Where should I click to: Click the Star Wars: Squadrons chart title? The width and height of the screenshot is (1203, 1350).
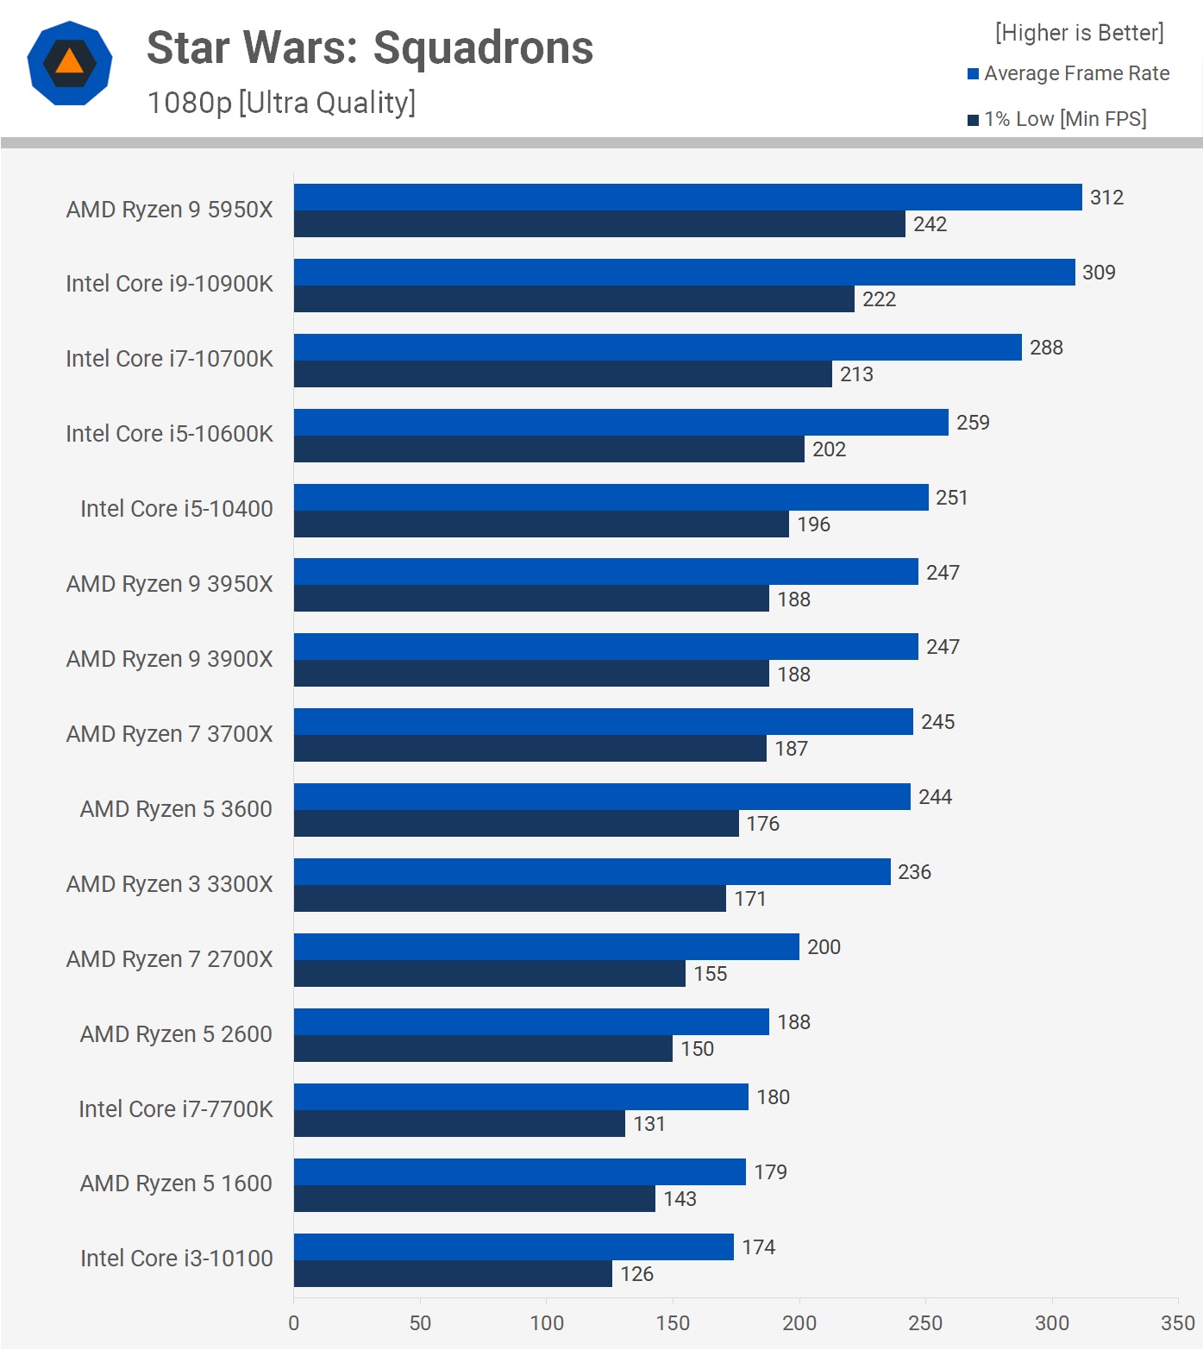click(370, 48)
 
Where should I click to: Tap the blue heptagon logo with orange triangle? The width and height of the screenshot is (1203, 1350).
click(70, 63)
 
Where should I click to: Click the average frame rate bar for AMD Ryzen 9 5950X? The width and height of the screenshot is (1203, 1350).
click(687, 198)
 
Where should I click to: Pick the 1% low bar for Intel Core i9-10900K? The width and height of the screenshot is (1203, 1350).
click(573, 299)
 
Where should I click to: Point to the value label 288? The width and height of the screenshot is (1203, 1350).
click(1046, 348)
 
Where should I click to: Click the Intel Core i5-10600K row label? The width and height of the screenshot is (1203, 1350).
click(169, 434)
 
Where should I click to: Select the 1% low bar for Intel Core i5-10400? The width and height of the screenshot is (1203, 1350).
click(541, 524)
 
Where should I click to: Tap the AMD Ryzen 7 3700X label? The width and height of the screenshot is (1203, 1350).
click(169, 734)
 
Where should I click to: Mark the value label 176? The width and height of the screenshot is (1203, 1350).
click(763, 824)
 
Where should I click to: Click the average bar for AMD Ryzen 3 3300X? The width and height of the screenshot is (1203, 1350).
click(592, 872)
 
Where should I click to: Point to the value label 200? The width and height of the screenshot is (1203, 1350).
click(824, 947)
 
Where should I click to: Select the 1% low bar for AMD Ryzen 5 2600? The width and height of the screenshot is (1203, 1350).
click(483, 1049)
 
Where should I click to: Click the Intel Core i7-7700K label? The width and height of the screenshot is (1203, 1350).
click(176, 1109)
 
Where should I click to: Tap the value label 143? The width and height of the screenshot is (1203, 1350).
click(680, 1199)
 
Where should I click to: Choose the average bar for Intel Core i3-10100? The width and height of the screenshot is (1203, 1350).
click(513, 1247)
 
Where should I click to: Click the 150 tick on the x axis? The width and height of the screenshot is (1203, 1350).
click(673, 1323)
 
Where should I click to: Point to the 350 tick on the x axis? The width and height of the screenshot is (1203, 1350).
click(1177, 1323)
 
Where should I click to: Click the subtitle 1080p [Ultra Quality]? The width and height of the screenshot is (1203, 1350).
click(281, 103)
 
